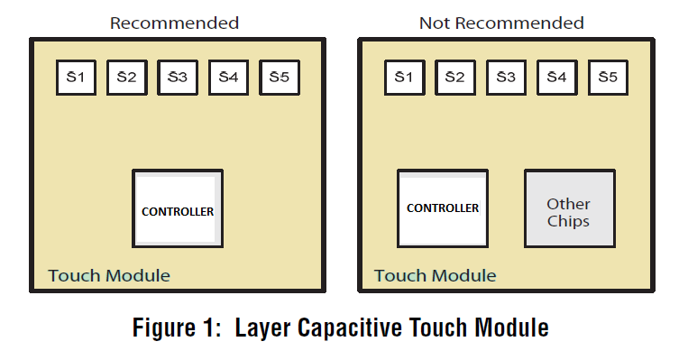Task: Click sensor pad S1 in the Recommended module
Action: pyautogui.click(x=76, y=78)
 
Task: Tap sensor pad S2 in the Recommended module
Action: pyautogui.click(x=126, y=78)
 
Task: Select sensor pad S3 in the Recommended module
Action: pyautogui.click(x=177, y=78)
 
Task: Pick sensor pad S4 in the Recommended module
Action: pyautogui.click(x=228, y=78)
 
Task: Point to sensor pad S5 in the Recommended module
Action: pyautogui.click(x=279, y=78)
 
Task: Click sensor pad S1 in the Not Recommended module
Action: pyautogui.click(x=404, y=78)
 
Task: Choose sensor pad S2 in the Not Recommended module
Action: pyautogui.click(x=454, y=78)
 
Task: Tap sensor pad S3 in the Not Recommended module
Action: pyautogui.click(x=505, y=78)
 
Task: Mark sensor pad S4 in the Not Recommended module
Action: pyautogui.click(x=556, y=78)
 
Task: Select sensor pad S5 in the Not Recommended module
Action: pyautogui.click(x=608, y=78)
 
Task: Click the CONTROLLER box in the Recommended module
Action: pyautogui.click(x=178, y=211)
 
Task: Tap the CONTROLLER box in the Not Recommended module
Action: pyautogui.click(x=443, y=208)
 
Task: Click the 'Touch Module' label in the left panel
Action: pyautogui.click(x=108, y=275)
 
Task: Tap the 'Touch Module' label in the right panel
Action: pyautogui.click(x=435, y=275)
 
